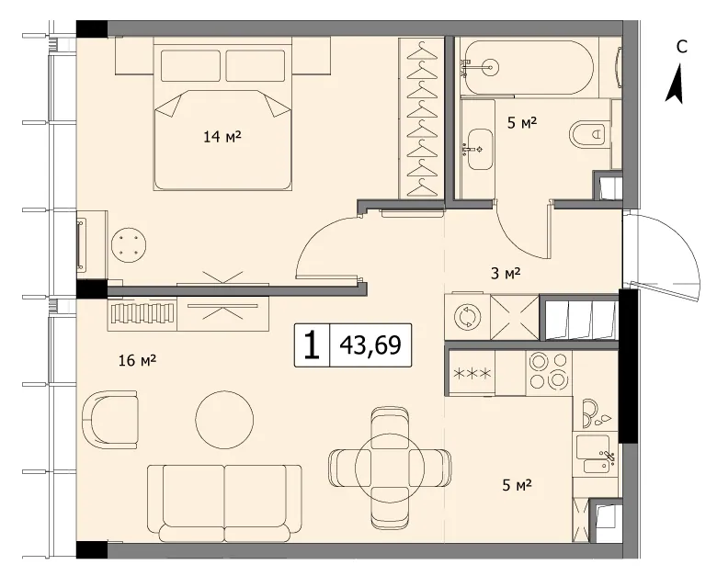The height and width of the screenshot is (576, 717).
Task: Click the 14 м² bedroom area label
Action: pos(222,136)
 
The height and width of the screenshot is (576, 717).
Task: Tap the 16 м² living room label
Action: pos(138,360)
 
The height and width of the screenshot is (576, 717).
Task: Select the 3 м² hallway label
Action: pos(506,274)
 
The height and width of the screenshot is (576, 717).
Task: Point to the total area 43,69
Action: pos(370,345)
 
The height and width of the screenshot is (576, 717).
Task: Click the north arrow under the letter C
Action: pos(675,84)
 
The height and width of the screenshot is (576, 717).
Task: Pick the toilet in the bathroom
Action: pos(590,134)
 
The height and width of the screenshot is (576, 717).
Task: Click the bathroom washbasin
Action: pos(479,149)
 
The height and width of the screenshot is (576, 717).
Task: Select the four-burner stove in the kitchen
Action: pos(549,371)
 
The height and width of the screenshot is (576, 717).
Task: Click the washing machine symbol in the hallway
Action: pos(467,316)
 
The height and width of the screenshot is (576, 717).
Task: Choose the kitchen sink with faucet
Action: pos(595,455)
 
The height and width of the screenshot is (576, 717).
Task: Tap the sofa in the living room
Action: pos(224,503)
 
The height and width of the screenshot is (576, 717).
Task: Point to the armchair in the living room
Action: pos(110,419)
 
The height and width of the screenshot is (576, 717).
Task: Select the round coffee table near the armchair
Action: pos(224,420)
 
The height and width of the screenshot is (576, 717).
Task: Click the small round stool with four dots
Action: pos(129,245)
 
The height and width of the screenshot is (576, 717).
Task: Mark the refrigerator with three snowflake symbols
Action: pos(472,373)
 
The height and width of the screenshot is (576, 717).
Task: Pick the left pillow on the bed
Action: pos(190,65)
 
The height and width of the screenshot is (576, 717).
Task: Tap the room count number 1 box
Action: pos(312,345)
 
